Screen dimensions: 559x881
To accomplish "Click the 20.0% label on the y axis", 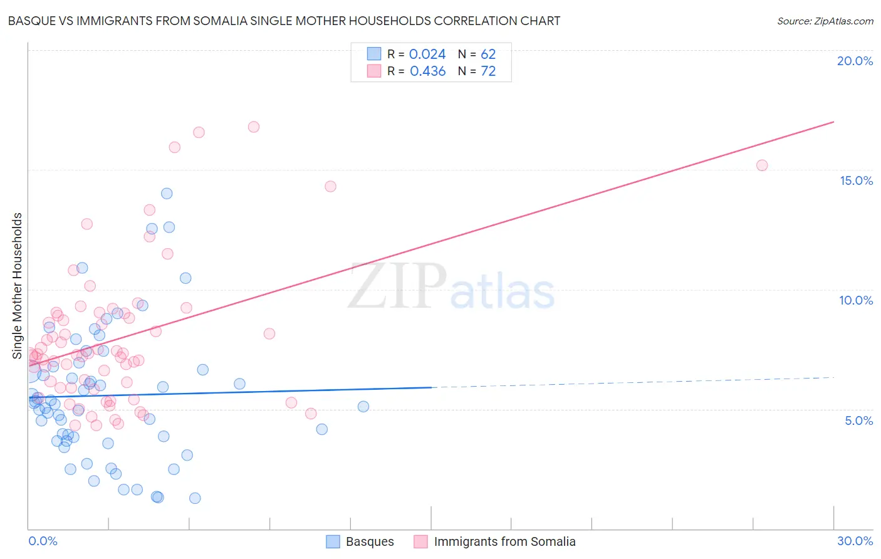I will [x=855, y=61].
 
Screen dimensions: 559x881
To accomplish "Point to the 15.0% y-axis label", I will [x=856, y=180].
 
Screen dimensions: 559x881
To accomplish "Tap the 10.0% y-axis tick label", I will [x=856, y=300].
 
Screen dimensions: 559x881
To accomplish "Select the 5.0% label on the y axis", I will [x=858, y=421].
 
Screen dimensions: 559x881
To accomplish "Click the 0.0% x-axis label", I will [x=43, y=541].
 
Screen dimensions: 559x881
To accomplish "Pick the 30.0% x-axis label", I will [x=855, y=541].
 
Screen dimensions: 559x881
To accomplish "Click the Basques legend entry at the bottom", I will [x=370, y=541].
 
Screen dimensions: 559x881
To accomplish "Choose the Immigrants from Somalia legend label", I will [x=504, y=541].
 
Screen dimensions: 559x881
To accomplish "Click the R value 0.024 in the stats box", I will [x=427, y=55].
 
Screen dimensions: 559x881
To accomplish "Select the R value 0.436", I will [x=427, y=71].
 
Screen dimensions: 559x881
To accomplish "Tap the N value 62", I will [x=488, y=55].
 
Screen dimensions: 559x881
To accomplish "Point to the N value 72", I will [x=488, y=71].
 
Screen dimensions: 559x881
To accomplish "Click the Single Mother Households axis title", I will [x=18, y=286].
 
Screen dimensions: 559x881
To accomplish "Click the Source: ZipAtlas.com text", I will [x=825, y=21].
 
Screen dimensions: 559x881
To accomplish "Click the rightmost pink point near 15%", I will [x=762, y=165].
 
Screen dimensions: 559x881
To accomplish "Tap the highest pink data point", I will [x=254, y=127].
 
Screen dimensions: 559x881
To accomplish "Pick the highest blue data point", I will [x=167, y=194].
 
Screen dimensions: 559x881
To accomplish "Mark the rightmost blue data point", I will [x=363, y=407].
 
